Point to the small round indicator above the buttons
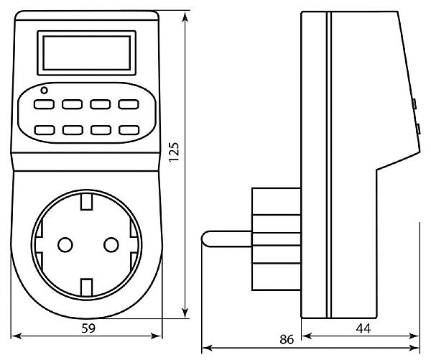[45, 91]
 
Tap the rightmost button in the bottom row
[128, 130]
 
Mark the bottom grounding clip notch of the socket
[86, 287]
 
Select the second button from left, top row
[72, 104]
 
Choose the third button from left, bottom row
[100, 130]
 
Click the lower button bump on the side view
[417, 129]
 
